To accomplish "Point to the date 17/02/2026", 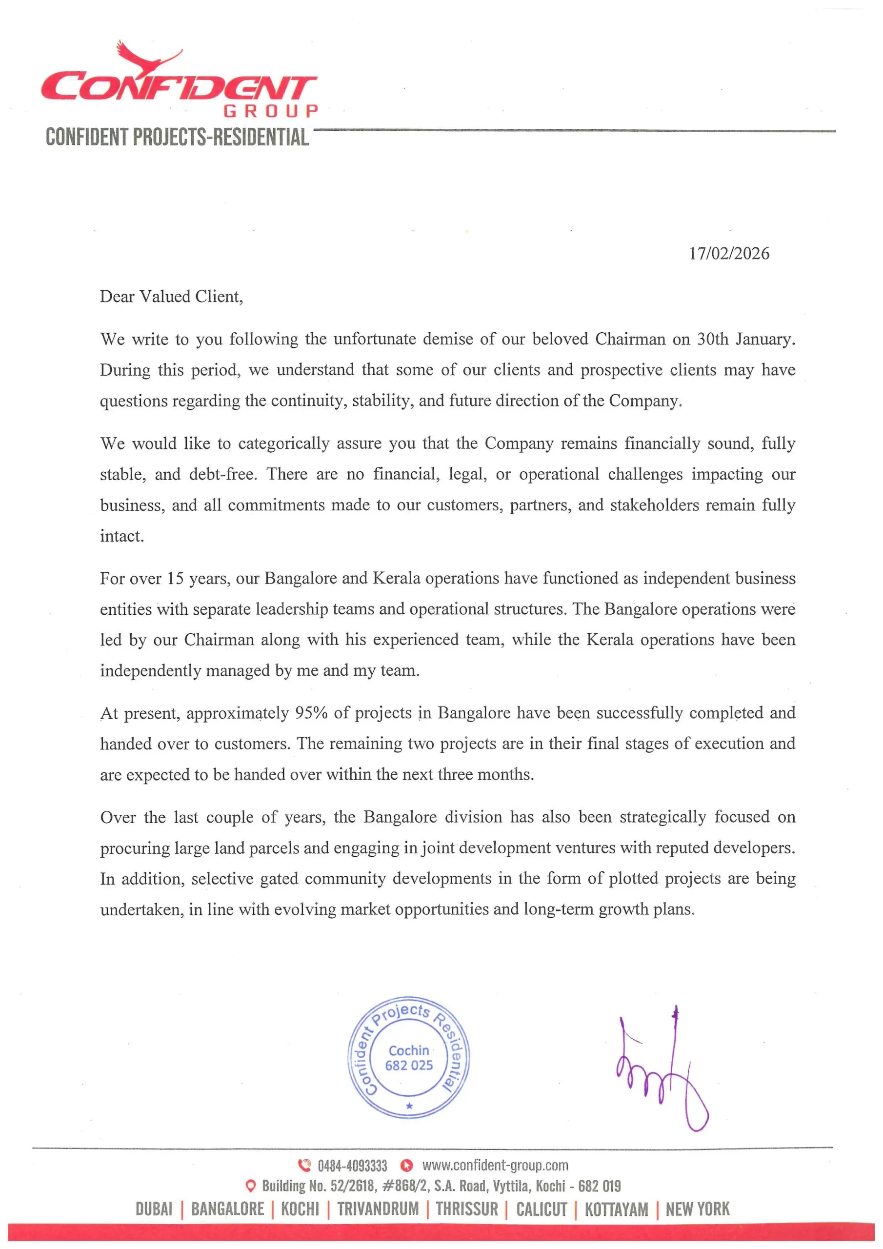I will click(x=728, y=254).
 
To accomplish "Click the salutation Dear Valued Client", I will click(x=171, y=297).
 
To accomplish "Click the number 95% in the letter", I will click(x=311, y=713).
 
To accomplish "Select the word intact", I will click(x=122, y=536).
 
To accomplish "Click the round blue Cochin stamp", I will click(x=409, y=1058).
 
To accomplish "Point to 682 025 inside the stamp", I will click(x=409, y=1065).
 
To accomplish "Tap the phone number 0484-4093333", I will click(x=352, y=1165).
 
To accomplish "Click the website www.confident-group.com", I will click(x=495, y=1165).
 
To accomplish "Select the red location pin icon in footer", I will click(x=251, y=1186).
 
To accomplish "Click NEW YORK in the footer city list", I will click(x=697, y=1209).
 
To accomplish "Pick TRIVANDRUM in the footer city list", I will click(x=378, y=1209).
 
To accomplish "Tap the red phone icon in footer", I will click(x=304, y=1165).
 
